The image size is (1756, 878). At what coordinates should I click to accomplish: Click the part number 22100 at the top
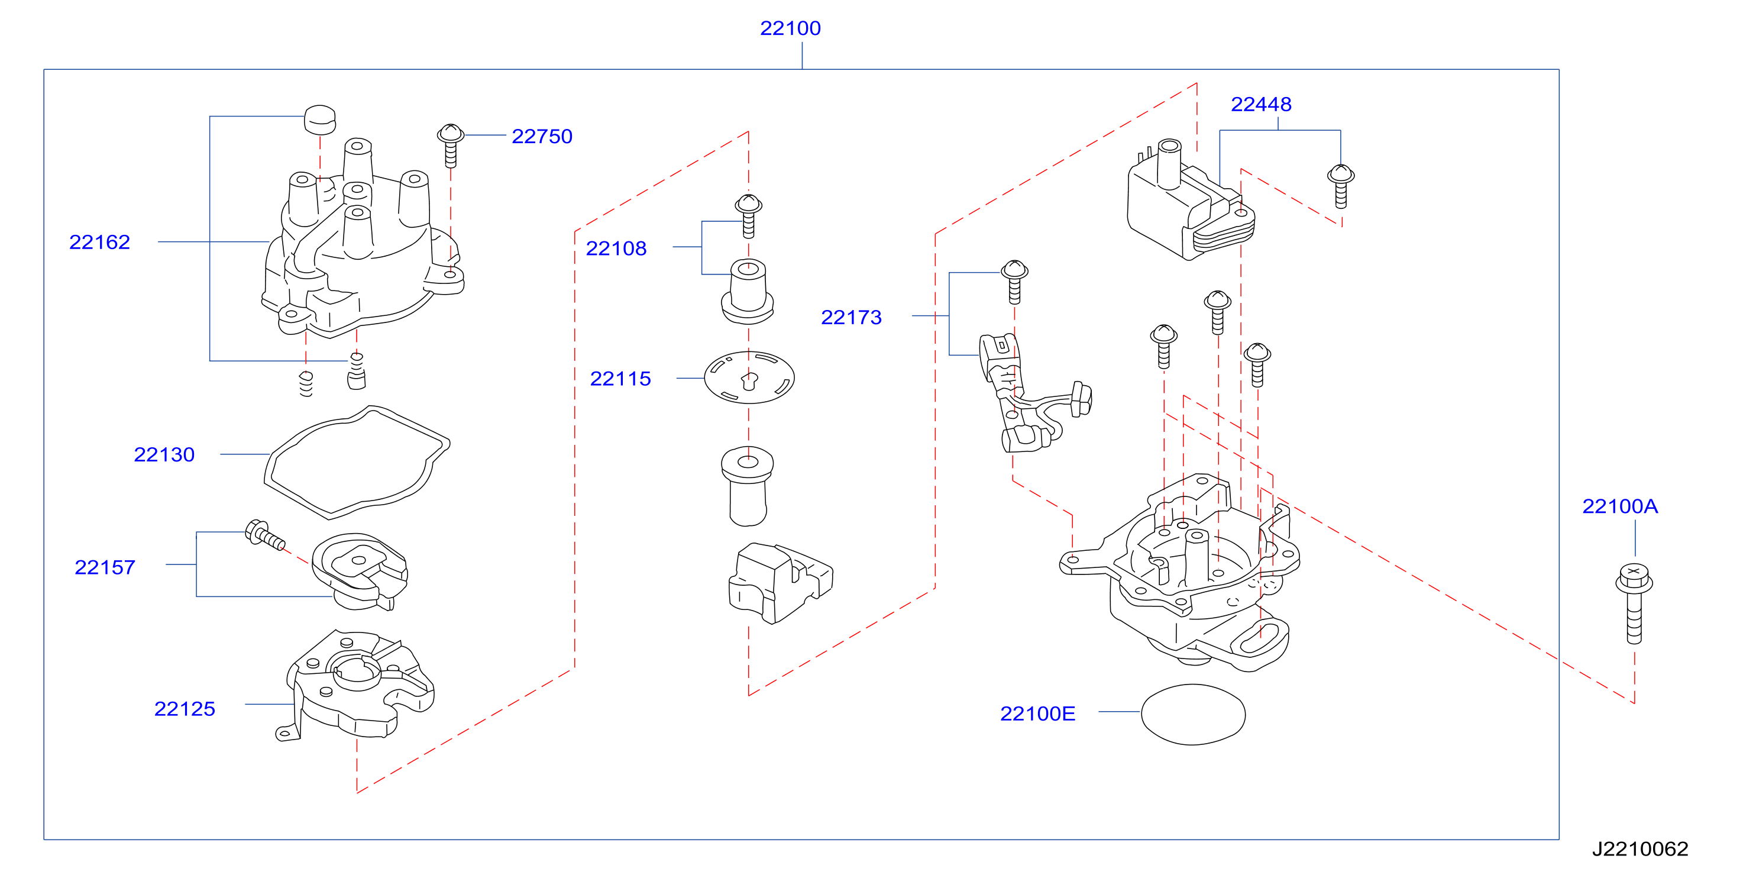(x=790, y=28)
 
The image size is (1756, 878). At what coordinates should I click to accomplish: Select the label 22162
(x=99, y=242)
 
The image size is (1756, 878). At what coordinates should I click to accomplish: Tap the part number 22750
(x=542, y=136)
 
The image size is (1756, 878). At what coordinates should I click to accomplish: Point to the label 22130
(x=164, y=454)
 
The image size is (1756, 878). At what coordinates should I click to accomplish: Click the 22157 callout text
(x=105, y=568)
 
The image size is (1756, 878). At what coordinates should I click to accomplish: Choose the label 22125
(x=185, y=709)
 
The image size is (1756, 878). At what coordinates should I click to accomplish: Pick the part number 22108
(x=616, y=249)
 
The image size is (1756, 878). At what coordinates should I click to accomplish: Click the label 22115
(x=620, y=379)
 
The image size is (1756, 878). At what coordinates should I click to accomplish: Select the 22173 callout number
(x=852, y=318)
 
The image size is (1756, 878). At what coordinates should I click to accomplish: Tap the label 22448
(x=1261, y=104)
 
